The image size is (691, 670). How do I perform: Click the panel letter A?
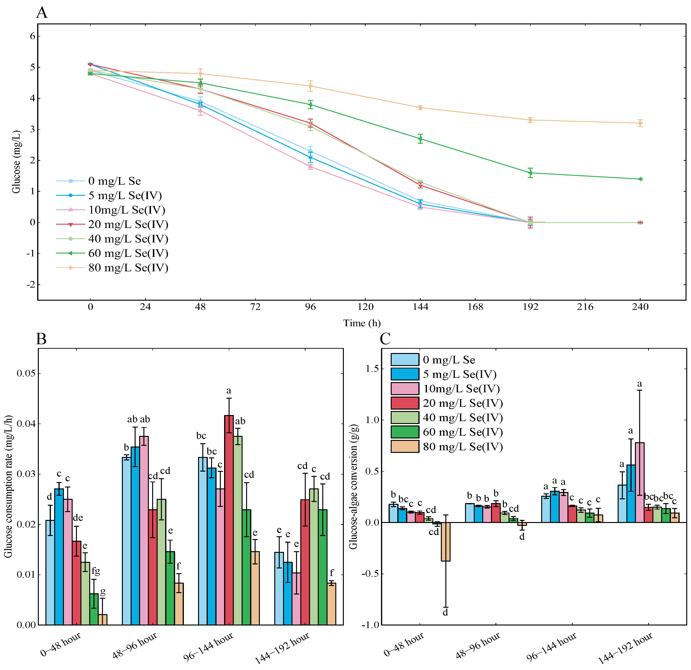[42, 13]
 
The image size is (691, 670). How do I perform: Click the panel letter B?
[41, 339]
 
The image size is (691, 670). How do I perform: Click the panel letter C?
[385, 339]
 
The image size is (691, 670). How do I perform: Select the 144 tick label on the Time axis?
[420, 307]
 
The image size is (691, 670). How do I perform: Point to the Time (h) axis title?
[362, 323]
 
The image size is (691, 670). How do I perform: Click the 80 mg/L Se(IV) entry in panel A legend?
[128, 268]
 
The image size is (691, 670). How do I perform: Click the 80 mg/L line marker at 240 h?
[640, 123]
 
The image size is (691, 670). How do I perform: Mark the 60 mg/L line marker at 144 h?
[420, 138]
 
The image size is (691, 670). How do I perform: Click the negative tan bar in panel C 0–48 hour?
[446, 541]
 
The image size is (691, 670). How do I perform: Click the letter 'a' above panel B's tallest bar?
[229, 390]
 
